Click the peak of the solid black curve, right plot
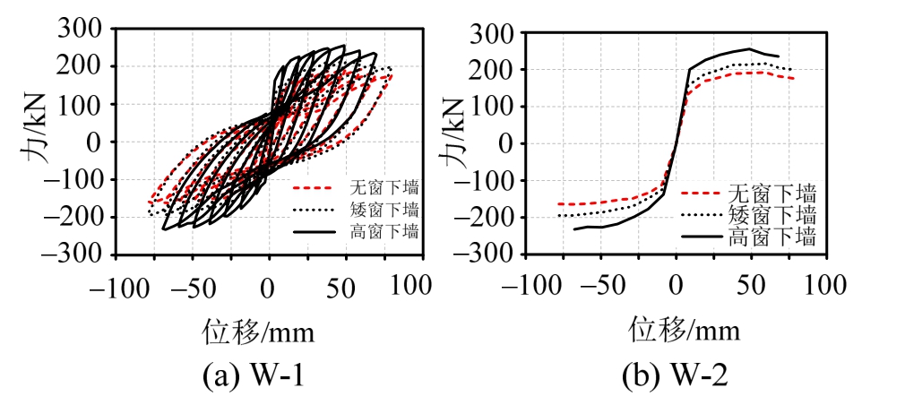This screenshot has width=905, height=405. [749, 49]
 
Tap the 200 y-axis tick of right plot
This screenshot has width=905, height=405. [494, 70]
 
